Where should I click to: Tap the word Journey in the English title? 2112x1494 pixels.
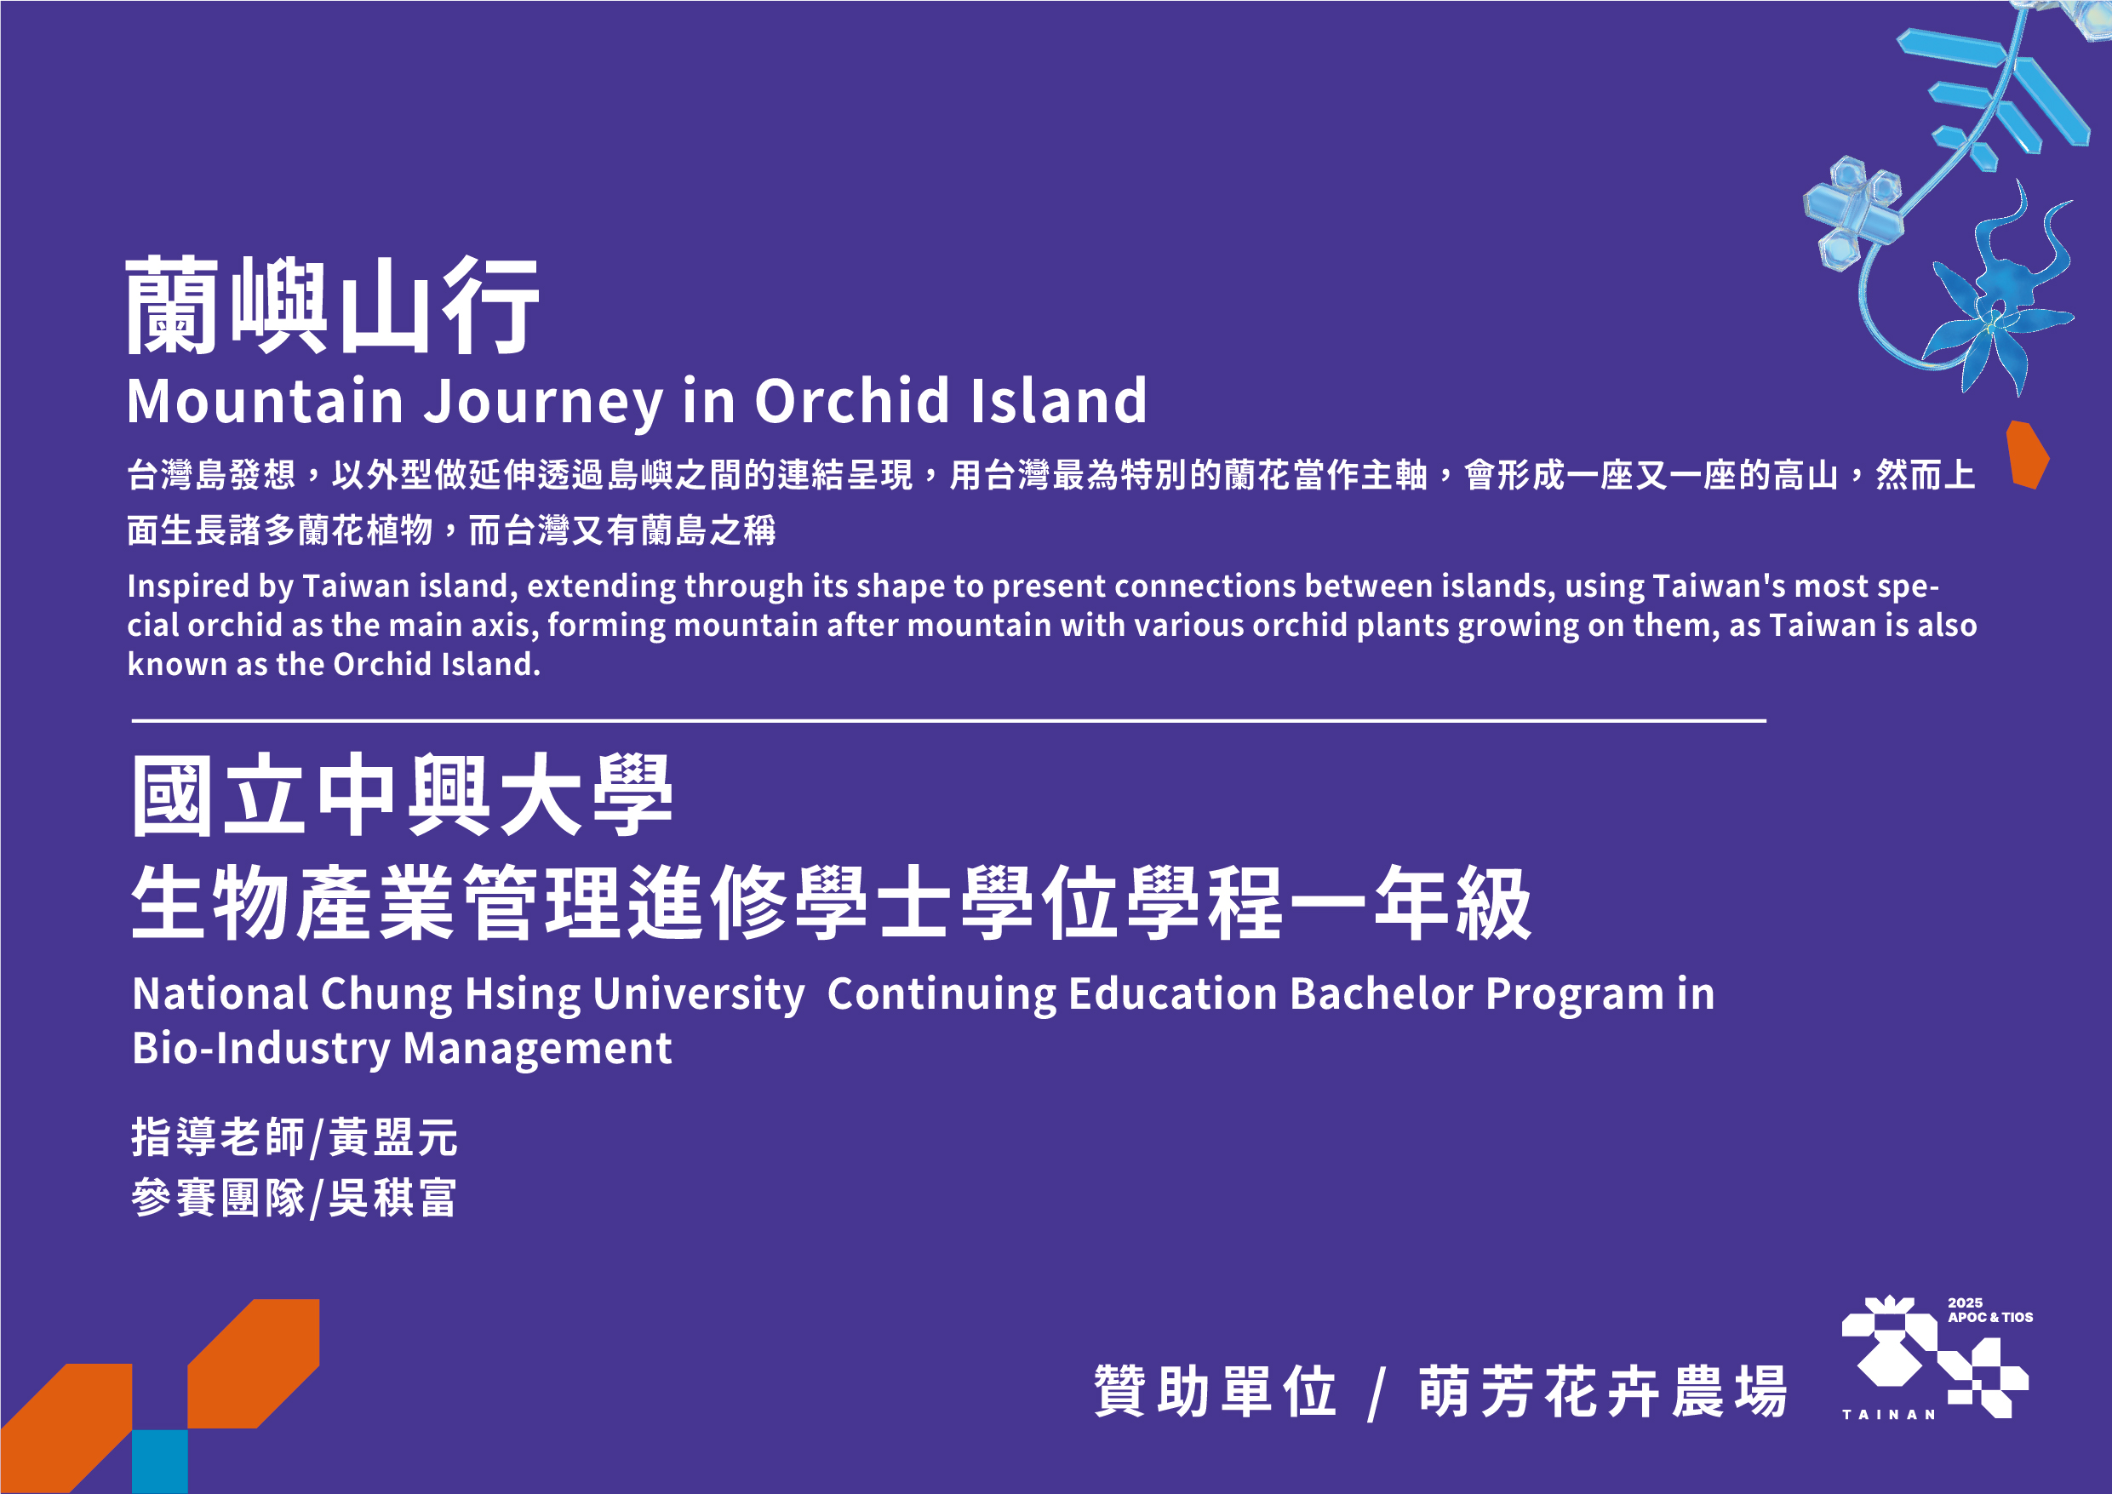tap(543, 403)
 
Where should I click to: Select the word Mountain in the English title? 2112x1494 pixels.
tap(265, 401)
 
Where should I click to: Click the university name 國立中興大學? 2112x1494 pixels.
tap(402, 795)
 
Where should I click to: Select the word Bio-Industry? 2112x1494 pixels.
tap(261, 1050)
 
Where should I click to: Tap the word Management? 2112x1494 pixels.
tap(537, 1049)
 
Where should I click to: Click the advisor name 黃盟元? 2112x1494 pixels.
tap(392, 1137)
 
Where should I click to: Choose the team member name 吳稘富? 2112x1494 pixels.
tap(392, 1199)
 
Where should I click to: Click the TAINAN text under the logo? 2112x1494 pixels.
tap(1888, 1415)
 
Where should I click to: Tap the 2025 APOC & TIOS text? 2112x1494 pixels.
tap(1989, 1310)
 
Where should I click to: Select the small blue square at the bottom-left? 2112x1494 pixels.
tap(160, 1462)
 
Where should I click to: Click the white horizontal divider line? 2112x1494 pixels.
tap(948, 721)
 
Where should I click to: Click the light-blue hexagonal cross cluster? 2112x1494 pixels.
tap(1852, 213)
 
